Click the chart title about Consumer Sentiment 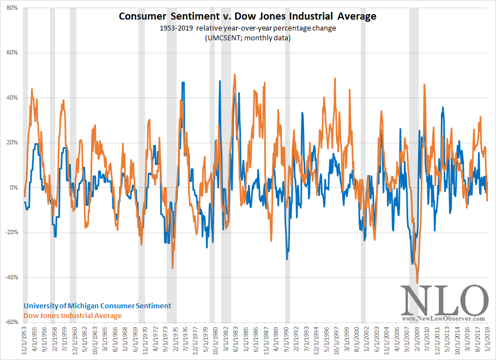coord(247,16)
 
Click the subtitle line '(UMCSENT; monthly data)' coord(247,38)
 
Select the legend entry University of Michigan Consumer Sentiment coord(97,306)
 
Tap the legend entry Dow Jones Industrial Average coord(72,315)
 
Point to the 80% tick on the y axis coord(12,8)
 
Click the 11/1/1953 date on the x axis coord(25,341)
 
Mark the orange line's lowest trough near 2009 coord(418,283)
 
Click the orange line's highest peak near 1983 coord(234,75)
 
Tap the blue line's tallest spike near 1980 coord(220,81)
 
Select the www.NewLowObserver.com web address coord(445,318)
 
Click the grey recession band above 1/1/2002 coord(363,163)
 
